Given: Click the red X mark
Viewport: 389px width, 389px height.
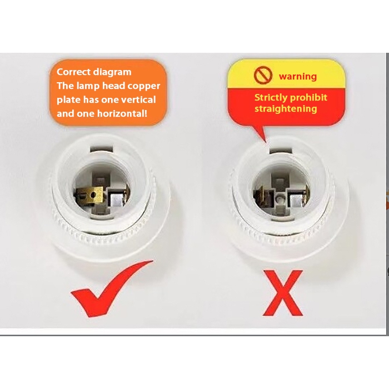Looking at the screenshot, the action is pos(283,293).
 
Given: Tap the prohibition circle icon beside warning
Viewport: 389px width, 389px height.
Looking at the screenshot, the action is pos(263,76).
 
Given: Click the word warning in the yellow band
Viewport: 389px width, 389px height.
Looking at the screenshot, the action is pos(298,76).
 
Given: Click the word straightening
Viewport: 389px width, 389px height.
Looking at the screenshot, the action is pos(286,109).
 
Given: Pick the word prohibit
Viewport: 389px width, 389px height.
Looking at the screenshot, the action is pos(308,97).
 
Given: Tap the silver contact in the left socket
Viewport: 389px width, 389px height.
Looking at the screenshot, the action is pos(117,200).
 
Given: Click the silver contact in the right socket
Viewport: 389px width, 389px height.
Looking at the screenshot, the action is pos(296,200).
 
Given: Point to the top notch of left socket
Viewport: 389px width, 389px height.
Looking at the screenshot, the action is pos(102,149).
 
